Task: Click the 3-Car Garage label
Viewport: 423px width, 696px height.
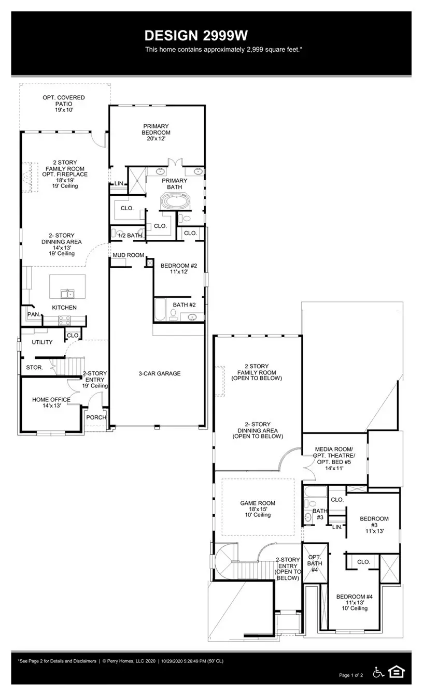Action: pyautogui.click(x=159, y=373)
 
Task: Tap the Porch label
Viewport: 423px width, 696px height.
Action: pyautogui.click(x=96, y=417)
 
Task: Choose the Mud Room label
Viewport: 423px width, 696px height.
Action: pyautogui.click(x=128, y=255)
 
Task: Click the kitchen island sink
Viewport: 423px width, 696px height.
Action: pyautogui.click(x=67, y=294)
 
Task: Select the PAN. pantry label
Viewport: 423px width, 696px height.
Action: pyautogui.click(x=33, y=314)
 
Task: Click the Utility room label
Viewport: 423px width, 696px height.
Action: pyautogui.click(x=42, y=342)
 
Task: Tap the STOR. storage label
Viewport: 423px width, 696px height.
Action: pyautogui.click(x=34, y=368)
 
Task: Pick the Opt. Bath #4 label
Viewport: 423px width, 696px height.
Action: pyautogui.click(x=315, y=563)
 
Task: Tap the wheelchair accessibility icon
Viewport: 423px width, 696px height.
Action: pyautogui.click(x=378, y=672)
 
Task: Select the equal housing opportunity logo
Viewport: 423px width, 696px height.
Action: pyautogui.click(x=397, y=672)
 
